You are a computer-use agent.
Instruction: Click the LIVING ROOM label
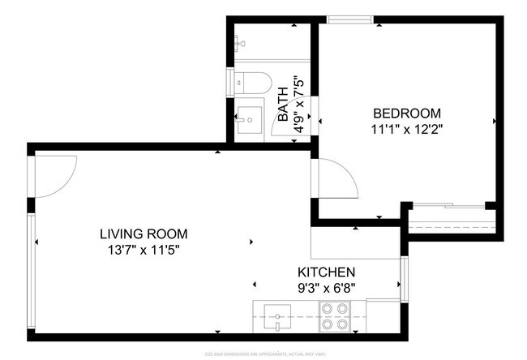tap(139, 234)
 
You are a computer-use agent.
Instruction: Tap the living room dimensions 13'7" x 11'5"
tap(139, 250)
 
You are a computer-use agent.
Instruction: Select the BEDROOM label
tap(406, 113)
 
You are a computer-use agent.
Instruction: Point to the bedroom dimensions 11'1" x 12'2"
tap(406, 128)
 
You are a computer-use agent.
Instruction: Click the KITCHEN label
tap(326, 272)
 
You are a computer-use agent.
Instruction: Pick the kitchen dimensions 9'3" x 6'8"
tap(326, 286)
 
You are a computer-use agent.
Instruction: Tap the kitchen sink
tap(277, 316)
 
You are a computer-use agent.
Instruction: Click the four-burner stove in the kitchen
tap(334, 316)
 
